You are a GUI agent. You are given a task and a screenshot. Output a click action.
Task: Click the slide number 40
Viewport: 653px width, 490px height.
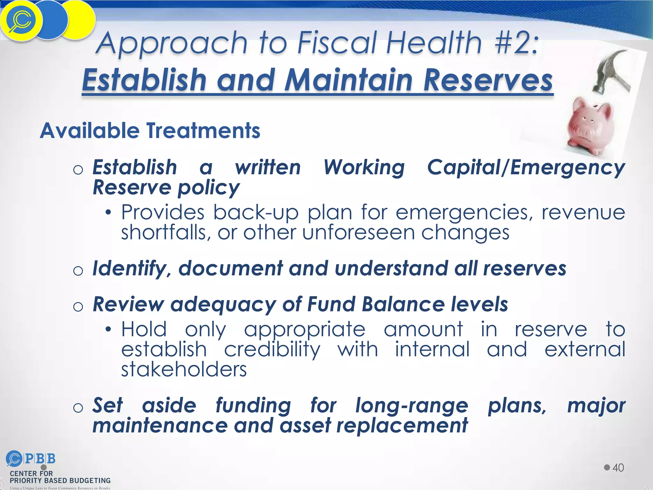pyautogui.click(x=618, y=468)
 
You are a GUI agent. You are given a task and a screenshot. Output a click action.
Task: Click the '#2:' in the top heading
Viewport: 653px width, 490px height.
pyautogui.click(x=516, y=43)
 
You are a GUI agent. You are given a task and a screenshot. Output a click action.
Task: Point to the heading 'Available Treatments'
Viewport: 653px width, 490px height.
pyautogui.click(x=150, y=131)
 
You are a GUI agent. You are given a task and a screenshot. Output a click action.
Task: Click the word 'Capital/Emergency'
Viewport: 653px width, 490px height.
pyautogui.click(x=526, y=168)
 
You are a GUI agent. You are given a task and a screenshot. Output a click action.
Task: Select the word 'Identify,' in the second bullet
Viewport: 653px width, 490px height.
pyautogui.click(x=129, y=269)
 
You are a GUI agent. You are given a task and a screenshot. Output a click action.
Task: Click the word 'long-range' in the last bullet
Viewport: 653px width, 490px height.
pyautogui.click(x=412, y=406)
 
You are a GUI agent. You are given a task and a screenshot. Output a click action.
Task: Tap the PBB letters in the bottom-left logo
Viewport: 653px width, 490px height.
pyautogui.click(x=40, y=459)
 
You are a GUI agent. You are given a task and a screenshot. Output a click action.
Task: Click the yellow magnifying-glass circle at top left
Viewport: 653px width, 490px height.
pyautogui.click(x=21, y=21)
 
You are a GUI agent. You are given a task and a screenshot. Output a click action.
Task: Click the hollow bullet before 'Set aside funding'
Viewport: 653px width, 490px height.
pyautogui.click(x=78, y=408)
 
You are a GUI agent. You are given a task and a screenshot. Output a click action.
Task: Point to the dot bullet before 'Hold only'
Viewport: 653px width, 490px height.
pyautogui.click(x=109, y=329)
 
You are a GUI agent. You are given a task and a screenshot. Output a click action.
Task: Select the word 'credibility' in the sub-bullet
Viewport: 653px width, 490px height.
pyautogui.click(x=272, y=350)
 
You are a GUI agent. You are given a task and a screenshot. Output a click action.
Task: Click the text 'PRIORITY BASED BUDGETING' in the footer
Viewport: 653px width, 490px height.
pyautogui.click(x=60, y=481)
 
